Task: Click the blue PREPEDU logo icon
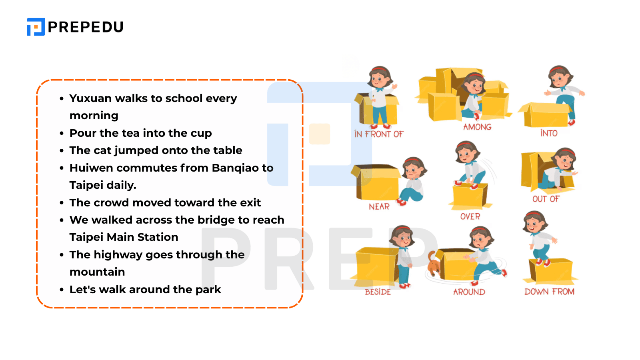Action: (x=36, y=27)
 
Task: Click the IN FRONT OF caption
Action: (x=379, y=134)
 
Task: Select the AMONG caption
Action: (x=477, y=127)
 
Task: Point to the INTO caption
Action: (x=549, y=133)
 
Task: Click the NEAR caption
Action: (x=379, y=206)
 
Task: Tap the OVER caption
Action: (x=470, y=216)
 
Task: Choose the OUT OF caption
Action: (x=546, y=199)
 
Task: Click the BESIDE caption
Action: (x=378, y=292)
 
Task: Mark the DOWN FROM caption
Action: (x=550, y=292)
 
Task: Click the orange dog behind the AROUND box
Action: (x=434, y=264)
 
